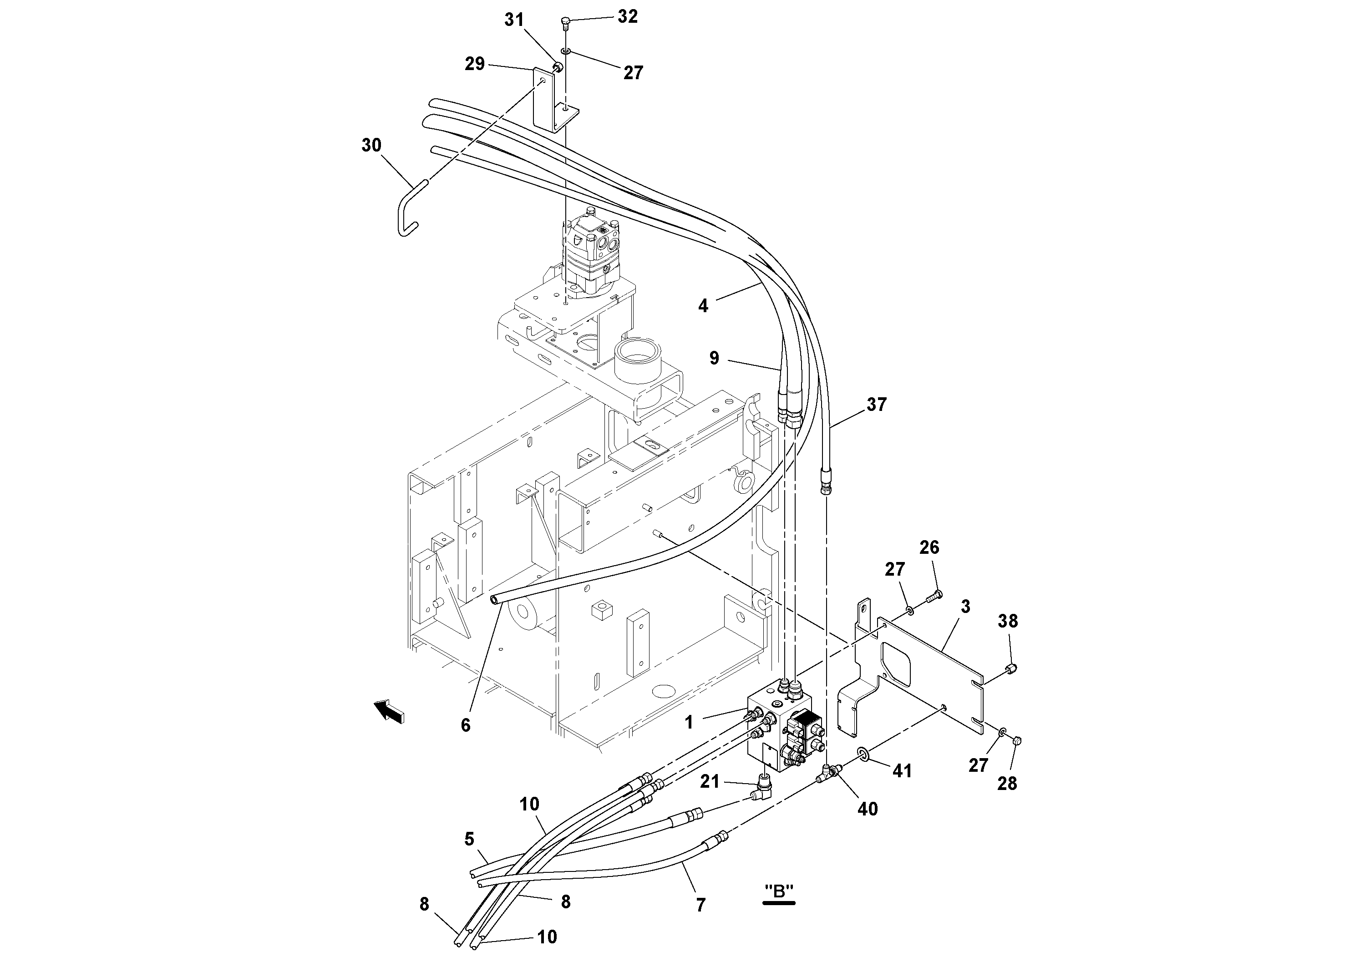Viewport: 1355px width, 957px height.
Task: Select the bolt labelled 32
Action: pyautogui.click(x=565, y=23)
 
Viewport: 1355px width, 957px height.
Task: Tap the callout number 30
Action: pyautogui.click(x=371, y=145)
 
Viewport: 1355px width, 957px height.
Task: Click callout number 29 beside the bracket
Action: pyautogui.click(x=474, y=64)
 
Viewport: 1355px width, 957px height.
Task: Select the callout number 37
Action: pyautogui.click(x=876, y=405)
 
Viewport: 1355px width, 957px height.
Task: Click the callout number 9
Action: pyautogui.click(x=714, y=358)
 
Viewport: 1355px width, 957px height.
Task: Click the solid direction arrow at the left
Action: pyautogui.click(x=390, y=710)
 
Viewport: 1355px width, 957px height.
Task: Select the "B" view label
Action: pyautogui.click(x=779, y=907)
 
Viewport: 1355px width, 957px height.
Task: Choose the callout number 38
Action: pyautogui.click(x=1008, y=621)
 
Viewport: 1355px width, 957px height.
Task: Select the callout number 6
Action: pyautogui.click(x=466, y=725)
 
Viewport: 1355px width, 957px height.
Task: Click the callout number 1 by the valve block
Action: pyautogui.click(x=689, y=722)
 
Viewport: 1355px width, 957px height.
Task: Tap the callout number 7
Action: pyautogui.click(x=700, y=905)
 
